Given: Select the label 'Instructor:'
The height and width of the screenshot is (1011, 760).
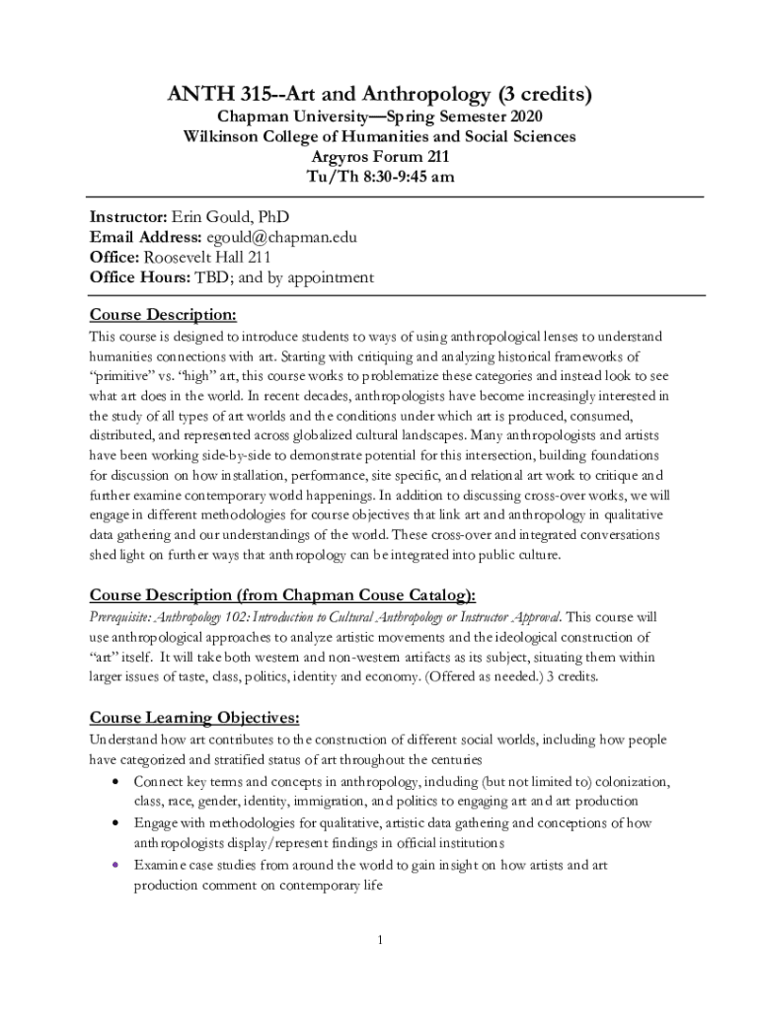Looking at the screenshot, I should pyautogui.click(x=129, y=216).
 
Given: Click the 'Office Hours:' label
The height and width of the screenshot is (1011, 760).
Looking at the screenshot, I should pyautogui.click(x=140, y=277).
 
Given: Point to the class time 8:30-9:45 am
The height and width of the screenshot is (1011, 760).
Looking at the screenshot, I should pyautogui.click(x=395, y=178).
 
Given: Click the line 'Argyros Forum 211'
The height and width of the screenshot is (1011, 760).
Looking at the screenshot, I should pyautogui.click(x=380, y=157).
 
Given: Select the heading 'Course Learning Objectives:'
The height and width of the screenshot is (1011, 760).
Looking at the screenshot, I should pyautogui.click(x=194, y=717).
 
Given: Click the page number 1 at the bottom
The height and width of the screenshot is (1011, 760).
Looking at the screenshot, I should pyautogui.click(x=379, y=939).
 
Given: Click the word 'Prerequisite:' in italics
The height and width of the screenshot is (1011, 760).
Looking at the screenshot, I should pyautogui.click(x=122, y=616).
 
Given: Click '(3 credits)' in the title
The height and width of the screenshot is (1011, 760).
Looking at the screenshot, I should pyautogui.click(x=544, y=95).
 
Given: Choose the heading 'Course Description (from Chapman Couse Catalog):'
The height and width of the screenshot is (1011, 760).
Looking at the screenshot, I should pyautogui.click(x=282, y=594).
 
